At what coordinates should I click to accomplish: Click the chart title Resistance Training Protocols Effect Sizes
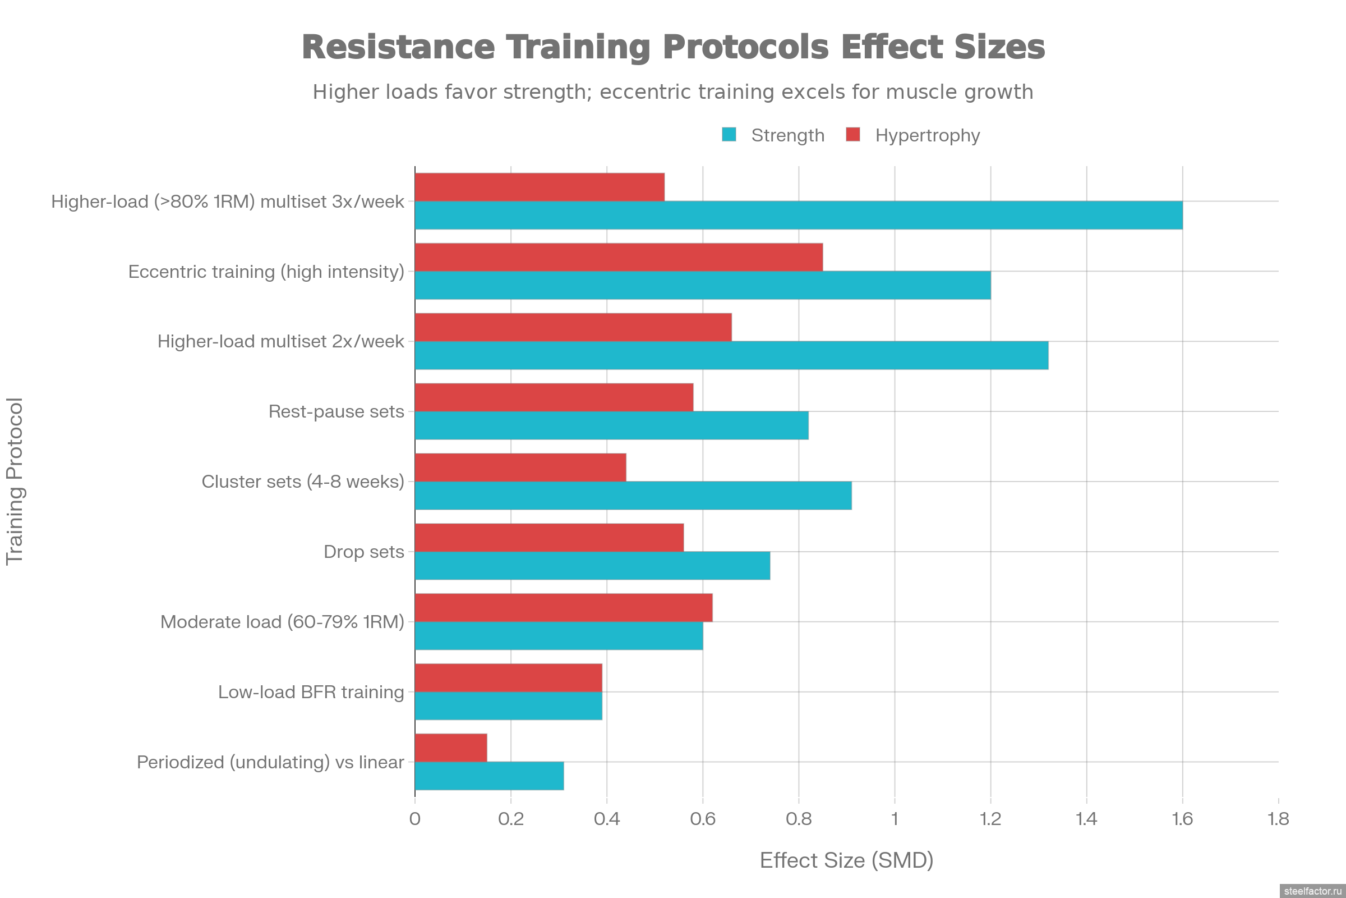pyautogui.click(x=673, y=47)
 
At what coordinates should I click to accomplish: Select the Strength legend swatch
pyautogui.click(x=729, y=135)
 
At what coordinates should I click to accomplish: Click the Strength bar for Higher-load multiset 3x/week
pyautogui.click(x=798, y=216)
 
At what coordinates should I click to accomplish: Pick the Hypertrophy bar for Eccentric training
pyautogui.click(x=619, y=257)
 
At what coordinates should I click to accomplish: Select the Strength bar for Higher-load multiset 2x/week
pyautogui.click(x=731, y=356)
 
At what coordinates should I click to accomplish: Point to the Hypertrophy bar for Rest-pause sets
pyautogui.click(x=554, y=397)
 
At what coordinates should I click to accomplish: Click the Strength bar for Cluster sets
pyautogui.click(x=633, y=496)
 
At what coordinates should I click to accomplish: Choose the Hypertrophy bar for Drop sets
pyautogui.click(x=550, y=538)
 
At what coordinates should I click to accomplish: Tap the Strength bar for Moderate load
pyautogui.click(x=559, y=636)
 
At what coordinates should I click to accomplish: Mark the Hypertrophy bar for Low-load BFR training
pyautogui.click(x=508, y=677)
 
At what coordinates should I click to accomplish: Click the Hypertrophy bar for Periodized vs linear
pyautogui.click(x=451, y=748)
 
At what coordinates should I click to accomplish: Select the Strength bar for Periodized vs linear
pyautogui.click(x=489, y=776)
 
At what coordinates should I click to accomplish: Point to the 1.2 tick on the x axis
pyautogui.click(x=990, y=819)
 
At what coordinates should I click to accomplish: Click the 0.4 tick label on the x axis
pyautogui.click(x=607, y=819)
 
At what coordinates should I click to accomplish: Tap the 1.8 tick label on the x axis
pyautogui.click(x=1279, y=819)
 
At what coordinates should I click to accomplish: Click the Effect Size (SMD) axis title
pyautogui.click(x=846, y=860)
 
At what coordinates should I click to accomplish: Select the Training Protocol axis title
pyautogui.click(x=15, y=481)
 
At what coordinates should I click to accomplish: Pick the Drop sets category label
pyautogui.click(x=363, y=552)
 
